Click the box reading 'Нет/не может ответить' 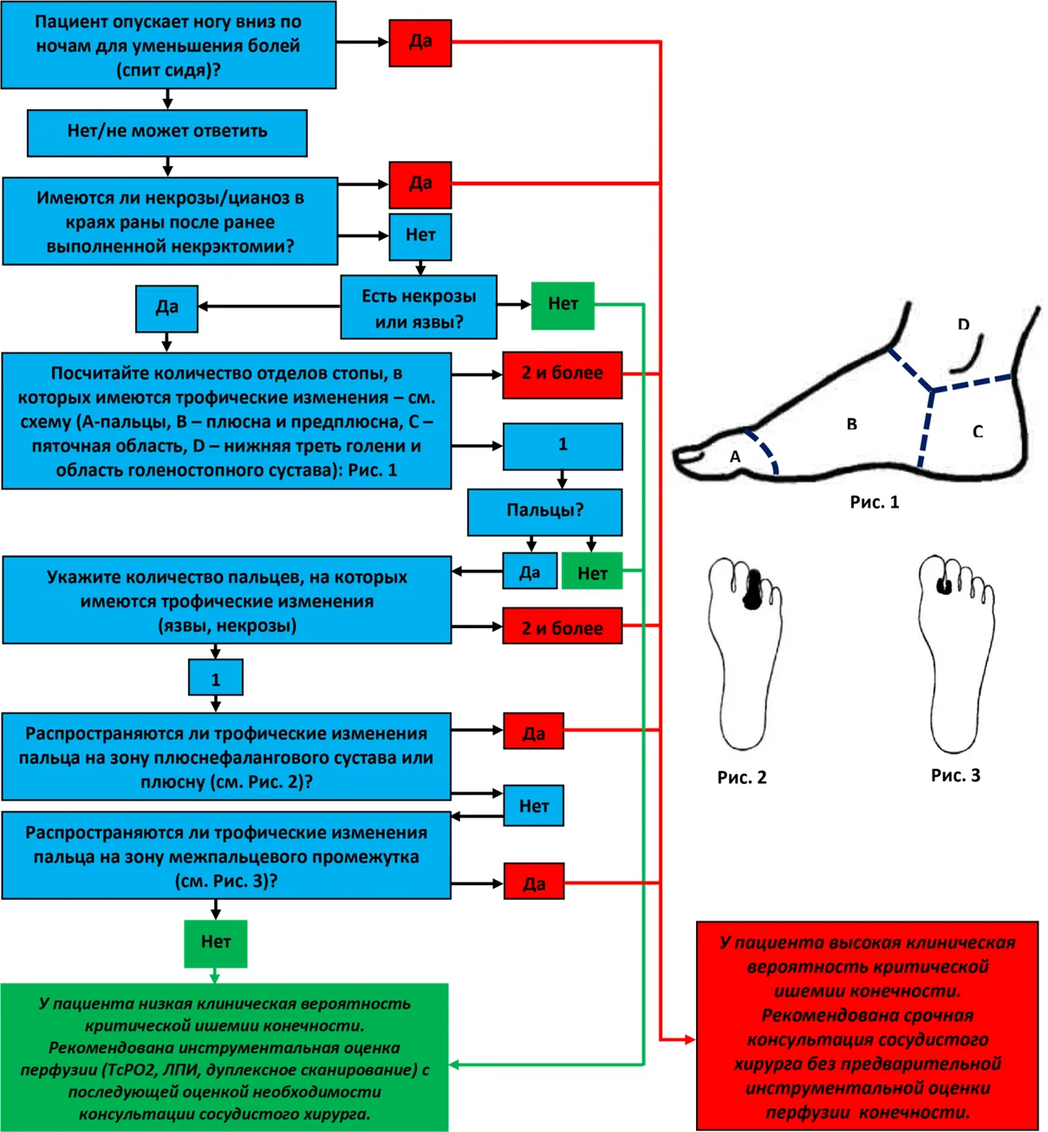pyautogui.click(x=167, y=133)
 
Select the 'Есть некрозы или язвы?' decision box pyautogui.click(x=419, y=307)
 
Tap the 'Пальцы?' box pyautogui.click(x=545, y=512)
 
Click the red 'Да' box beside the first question pyautogui.click(x=420, y=43)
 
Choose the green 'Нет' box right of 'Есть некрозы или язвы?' pyautogui.click(x=563, y=306)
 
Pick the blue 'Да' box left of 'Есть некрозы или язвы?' pyautogui.click(x=166, y=308)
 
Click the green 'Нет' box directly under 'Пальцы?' pyautogui.click(x=592, y=571)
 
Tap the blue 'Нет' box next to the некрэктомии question pyautogui.click(x=420, y=237)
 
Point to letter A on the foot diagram pyautogui.click(x=735, y=456)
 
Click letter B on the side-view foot pyautogui.click(x=852, y=424)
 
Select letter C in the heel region pyautogui.click(x=978, y=431)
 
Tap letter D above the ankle pyautogui.click(x=964, y=324)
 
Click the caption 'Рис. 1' pyautogui.click(x=874, y=501)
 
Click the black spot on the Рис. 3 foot pyautogui.click(x=945, y=585)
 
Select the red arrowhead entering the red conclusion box pyautogui.click(x=690, y=1039)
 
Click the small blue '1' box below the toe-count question pyautogui.click(x=216, y=677)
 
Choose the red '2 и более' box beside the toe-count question pyautogui.click(x=562, y=626)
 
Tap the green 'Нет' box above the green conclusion pyautogui.click(x=216, y=943)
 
